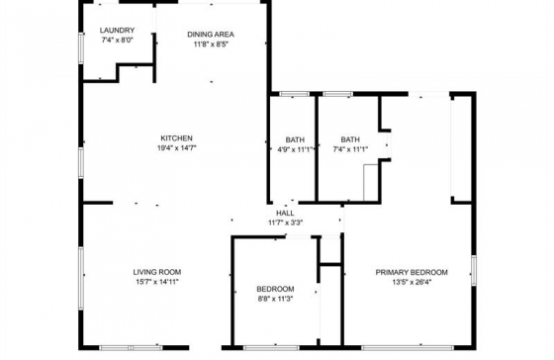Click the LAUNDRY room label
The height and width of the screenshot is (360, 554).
pos(117,31)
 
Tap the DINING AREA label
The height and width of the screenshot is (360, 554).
pos(211,35)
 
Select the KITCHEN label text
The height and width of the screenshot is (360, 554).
pos(177,138)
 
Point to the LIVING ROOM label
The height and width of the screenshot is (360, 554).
pos(157,272)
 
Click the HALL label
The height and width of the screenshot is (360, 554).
pos(285,213)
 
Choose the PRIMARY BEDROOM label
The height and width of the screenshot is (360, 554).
pos(412,272)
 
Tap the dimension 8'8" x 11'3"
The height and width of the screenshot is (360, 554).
pos(276,299)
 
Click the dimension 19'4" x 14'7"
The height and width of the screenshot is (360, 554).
pos(177,148)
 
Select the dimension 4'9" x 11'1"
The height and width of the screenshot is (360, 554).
pos(296,149)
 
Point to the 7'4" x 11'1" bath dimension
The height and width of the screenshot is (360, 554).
pos(350,149)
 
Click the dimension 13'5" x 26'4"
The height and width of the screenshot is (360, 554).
pos(412,282)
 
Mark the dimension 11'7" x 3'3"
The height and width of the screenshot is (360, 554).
pos(286,223)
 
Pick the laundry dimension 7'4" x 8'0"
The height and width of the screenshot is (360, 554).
pos(117,41)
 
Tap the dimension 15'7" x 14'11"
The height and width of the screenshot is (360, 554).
pos(157,282)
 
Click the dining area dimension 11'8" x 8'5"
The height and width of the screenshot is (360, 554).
pos(211,45)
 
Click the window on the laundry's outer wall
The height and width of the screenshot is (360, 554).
pos(81,48)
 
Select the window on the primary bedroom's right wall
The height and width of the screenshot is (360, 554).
pos(474,271)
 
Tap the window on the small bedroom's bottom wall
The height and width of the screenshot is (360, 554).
pos(271,348)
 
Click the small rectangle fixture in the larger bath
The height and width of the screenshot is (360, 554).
pos(371,183)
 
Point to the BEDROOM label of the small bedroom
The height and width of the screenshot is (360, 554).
pos(276,289)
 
